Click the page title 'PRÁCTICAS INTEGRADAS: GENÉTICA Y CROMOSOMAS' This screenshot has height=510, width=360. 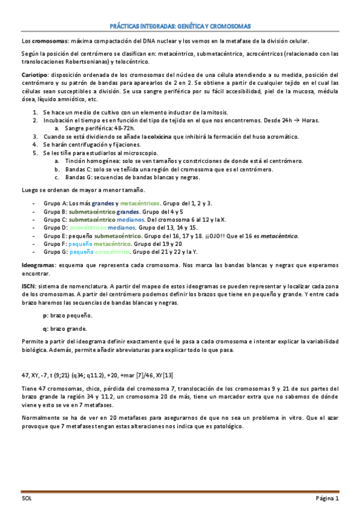[x=180, y=27]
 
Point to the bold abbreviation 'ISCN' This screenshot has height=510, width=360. [x=28, y=288]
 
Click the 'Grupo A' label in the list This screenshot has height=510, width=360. [x=55, y=203]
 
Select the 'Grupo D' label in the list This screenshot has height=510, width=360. [x=55, y=228]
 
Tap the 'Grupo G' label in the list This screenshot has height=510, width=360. [x=55, y=253]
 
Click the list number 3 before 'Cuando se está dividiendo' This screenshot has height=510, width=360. [x=35, y=137]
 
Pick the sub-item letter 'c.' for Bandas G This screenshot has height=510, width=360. [x=57, y=177]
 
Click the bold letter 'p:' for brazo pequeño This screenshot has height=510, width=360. [x=46, y=315]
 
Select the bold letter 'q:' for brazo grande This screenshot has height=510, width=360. [x=46, y=328]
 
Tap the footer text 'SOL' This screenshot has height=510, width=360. [x=27, y=499]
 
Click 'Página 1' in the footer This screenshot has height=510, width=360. [x=328, y=499]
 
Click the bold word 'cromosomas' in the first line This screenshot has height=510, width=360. [x=50, y=40]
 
